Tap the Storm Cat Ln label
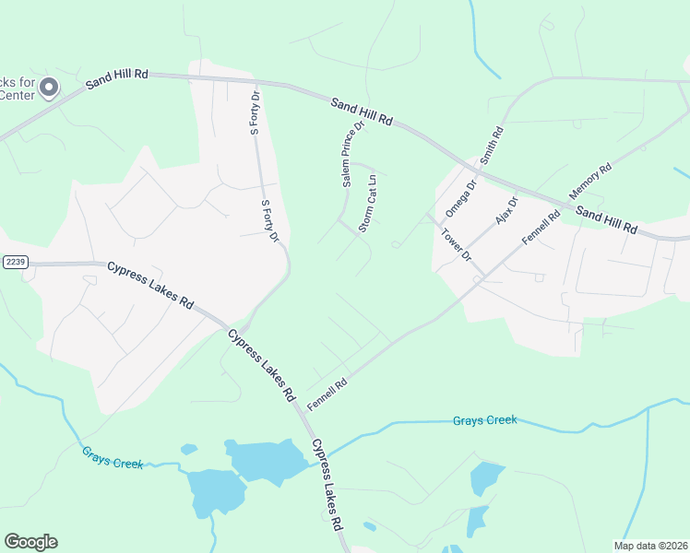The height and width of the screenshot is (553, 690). click(368, 203)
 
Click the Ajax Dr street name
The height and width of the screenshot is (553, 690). click(507, 212)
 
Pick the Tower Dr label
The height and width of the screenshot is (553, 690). click(457, 244)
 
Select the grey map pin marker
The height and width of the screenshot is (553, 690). click(49, 88)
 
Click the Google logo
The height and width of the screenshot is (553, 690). click(30, 542)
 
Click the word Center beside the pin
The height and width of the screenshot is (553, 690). click(16, 95)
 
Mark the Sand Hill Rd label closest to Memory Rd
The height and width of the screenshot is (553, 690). click(606, 219)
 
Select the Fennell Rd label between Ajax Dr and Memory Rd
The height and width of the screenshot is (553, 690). click(541, 228)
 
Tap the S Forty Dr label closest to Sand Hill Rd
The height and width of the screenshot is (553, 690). click(256, 113)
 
